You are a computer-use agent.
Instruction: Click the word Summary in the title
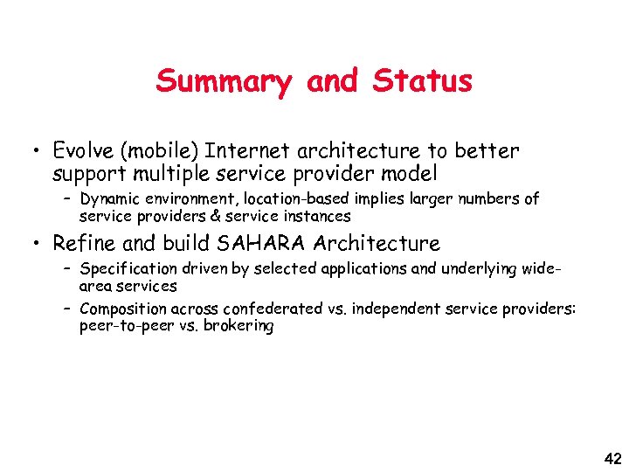[x=224, y=81]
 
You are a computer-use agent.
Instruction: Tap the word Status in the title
[x=422, y=81]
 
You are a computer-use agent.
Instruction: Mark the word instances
[x=315, y=215]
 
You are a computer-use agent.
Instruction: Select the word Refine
[x=85, y=243]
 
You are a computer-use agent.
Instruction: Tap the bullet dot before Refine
[x=31, y=243]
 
